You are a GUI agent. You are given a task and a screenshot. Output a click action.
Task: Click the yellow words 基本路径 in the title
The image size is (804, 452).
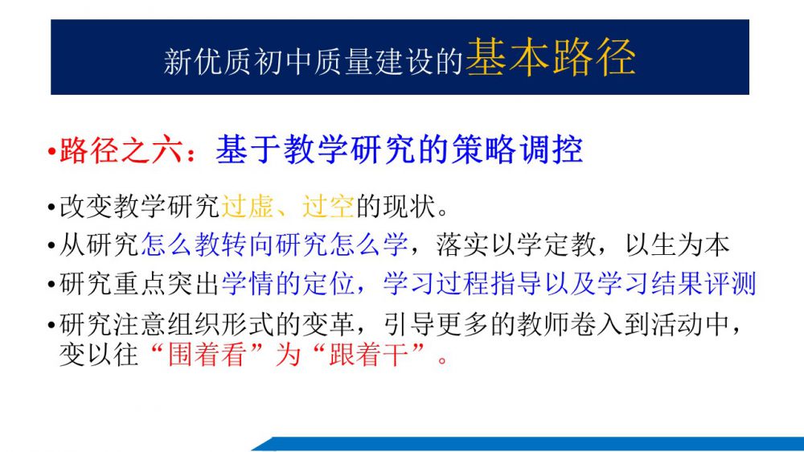[x=551, y=57]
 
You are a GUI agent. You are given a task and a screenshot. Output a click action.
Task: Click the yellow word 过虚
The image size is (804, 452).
[x=247, y=207]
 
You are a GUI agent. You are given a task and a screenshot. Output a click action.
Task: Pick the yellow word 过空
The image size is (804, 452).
[x=328, y=207]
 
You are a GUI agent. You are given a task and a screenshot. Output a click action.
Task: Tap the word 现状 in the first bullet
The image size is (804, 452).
[x=408, y=207]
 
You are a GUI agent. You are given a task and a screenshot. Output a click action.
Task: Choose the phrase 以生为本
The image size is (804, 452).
[x=677, y=244]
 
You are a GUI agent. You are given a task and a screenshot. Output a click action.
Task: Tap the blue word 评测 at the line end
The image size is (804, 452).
[x=730, y=284]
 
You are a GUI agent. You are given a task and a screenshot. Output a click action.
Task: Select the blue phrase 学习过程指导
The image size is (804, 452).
[x=463, y=284]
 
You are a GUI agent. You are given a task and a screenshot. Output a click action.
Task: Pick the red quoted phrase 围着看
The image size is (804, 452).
[x=207, y=355]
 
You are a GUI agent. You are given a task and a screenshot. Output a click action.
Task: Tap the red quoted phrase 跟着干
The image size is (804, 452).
[x=368, y=355]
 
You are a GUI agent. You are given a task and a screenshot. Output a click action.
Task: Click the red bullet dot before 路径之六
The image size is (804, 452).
[x=51, y=152]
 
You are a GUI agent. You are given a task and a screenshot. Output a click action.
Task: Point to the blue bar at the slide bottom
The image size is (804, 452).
[x=527, y=444]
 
